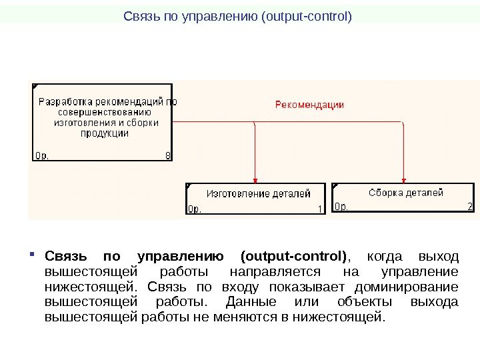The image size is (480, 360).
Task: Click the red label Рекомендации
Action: point(309,104)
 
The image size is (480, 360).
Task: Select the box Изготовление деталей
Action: point(256,199)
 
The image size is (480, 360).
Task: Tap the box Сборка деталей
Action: point(403,198)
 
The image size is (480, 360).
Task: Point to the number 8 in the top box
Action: point(167,156)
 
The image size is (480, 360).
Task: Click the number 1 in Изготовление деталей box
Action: point(320,209)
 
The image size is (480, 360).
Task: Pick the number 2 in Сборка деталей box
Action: point(470,207)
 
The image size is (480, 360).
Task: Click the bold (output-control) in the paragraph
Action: point(294,257)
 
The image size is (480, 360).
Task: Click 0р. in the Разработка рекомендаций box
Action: point(42,156)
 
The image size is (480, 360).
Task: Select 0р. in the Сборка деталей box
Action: point(341,207)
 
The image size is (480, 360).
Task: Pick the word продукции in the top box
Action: point(105,133)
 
